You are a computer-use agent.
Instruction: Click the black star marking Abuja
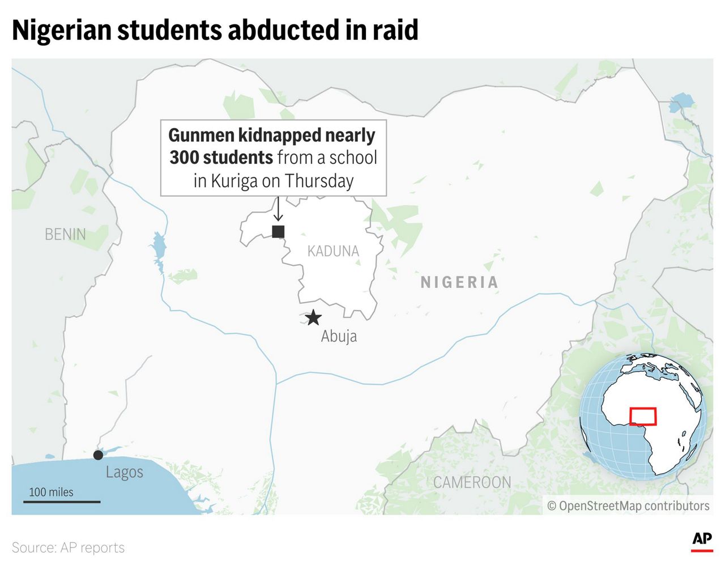tap(313, 317)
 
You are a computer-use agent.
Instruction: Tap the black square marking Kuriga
tap(278, 231)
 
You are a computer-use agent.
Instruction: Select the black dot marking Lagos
tap(98, 455)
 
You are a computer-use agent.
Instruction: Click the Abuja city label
tap(339, 336)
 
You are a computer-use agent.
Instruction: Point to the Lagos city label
tap(124, 472)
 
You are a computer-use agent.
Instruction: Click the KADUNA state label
tap(333, 251)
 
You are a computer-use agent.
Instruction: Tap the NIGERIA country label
tap(459, 282)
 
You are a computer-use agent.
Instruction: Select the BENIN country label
tap(65, 234)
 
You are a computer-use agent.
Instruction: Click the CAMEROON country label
tap(472, 482)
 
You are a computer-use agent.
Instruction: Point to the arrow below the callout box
tap(278, 209)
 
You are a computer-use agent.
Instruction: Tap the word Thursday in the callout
tap(319, 181)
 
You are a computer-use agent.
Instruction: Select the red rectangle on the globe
tap(643, 417)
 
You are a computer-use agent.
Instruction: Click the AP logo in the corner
tap(701, 540)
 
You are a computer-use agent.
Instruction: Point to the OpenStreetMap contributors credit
tap(628, 506)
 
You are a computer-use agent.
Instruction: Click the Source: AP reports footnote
tap(68, 547)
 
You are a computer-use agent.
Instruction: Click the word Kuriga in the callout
tap(234, 181)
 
